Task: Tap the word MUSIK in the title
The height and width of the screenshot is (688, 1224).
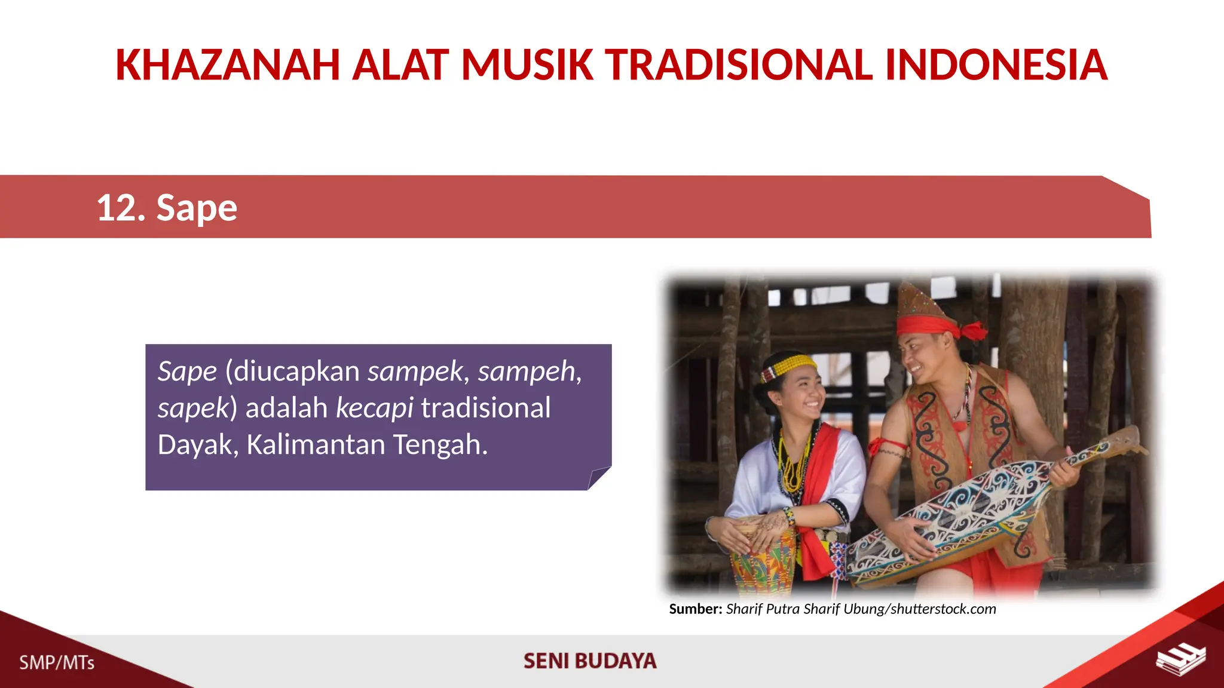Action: (x=527, y=65)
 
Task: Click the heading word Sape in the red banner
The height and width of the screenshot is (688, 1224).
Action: (x=197, y=208)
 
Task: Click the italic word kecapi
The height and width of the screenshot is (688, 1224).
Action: (x=374, y=408)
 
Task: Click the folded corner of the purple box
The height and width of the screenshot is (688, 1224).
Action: (x=599, y=478)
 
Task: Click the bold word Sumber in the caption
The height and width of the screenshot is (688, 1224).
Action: (x=695, y=609)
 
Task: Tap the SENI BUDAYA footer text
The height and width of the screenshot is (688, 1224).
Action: (x=590, y=661)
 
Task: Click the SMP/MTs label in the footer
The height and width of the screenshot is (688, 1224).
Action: (x=57, y=662)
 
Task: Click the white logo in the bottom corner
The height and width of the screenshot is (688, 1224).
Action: (x=1180, y=659)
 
